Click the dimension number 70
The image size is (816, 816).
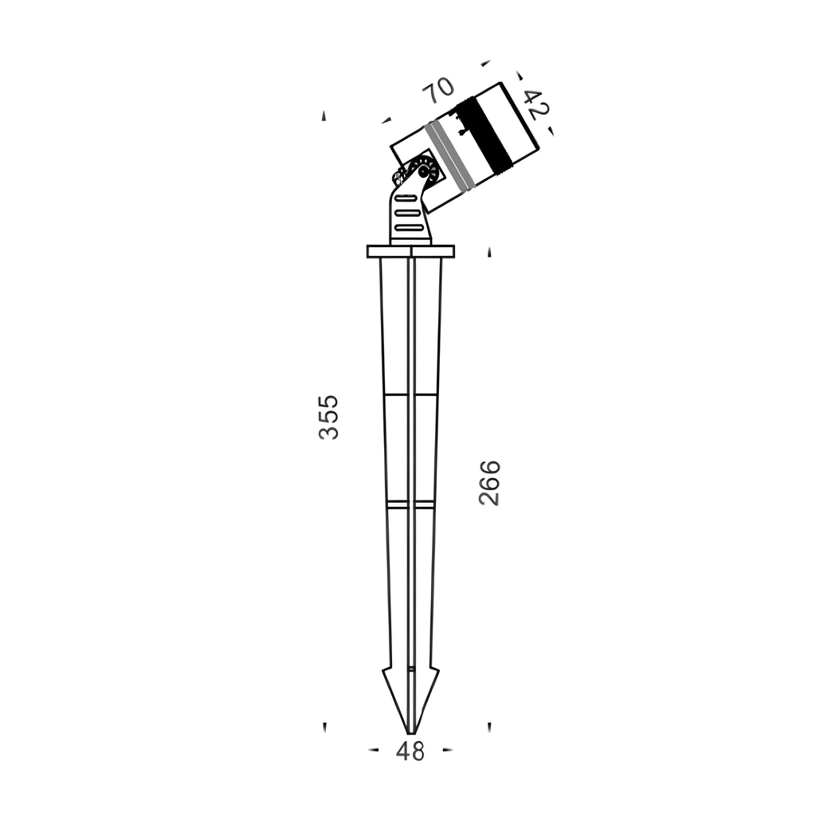[x=438, y=91]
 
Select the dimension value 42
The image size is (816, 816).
[x=536, y=104]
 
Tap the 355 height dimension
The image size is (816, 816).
[x=329, y=418]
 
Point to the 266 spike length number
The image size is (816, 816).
[x=489, y=482]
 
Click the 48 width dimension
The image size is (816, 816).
[x=410, y=751]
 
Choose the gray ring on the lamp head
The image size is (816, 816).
[x=449, y=155]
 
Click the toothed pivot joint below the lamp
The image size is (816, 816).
[x=422, y=171]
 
